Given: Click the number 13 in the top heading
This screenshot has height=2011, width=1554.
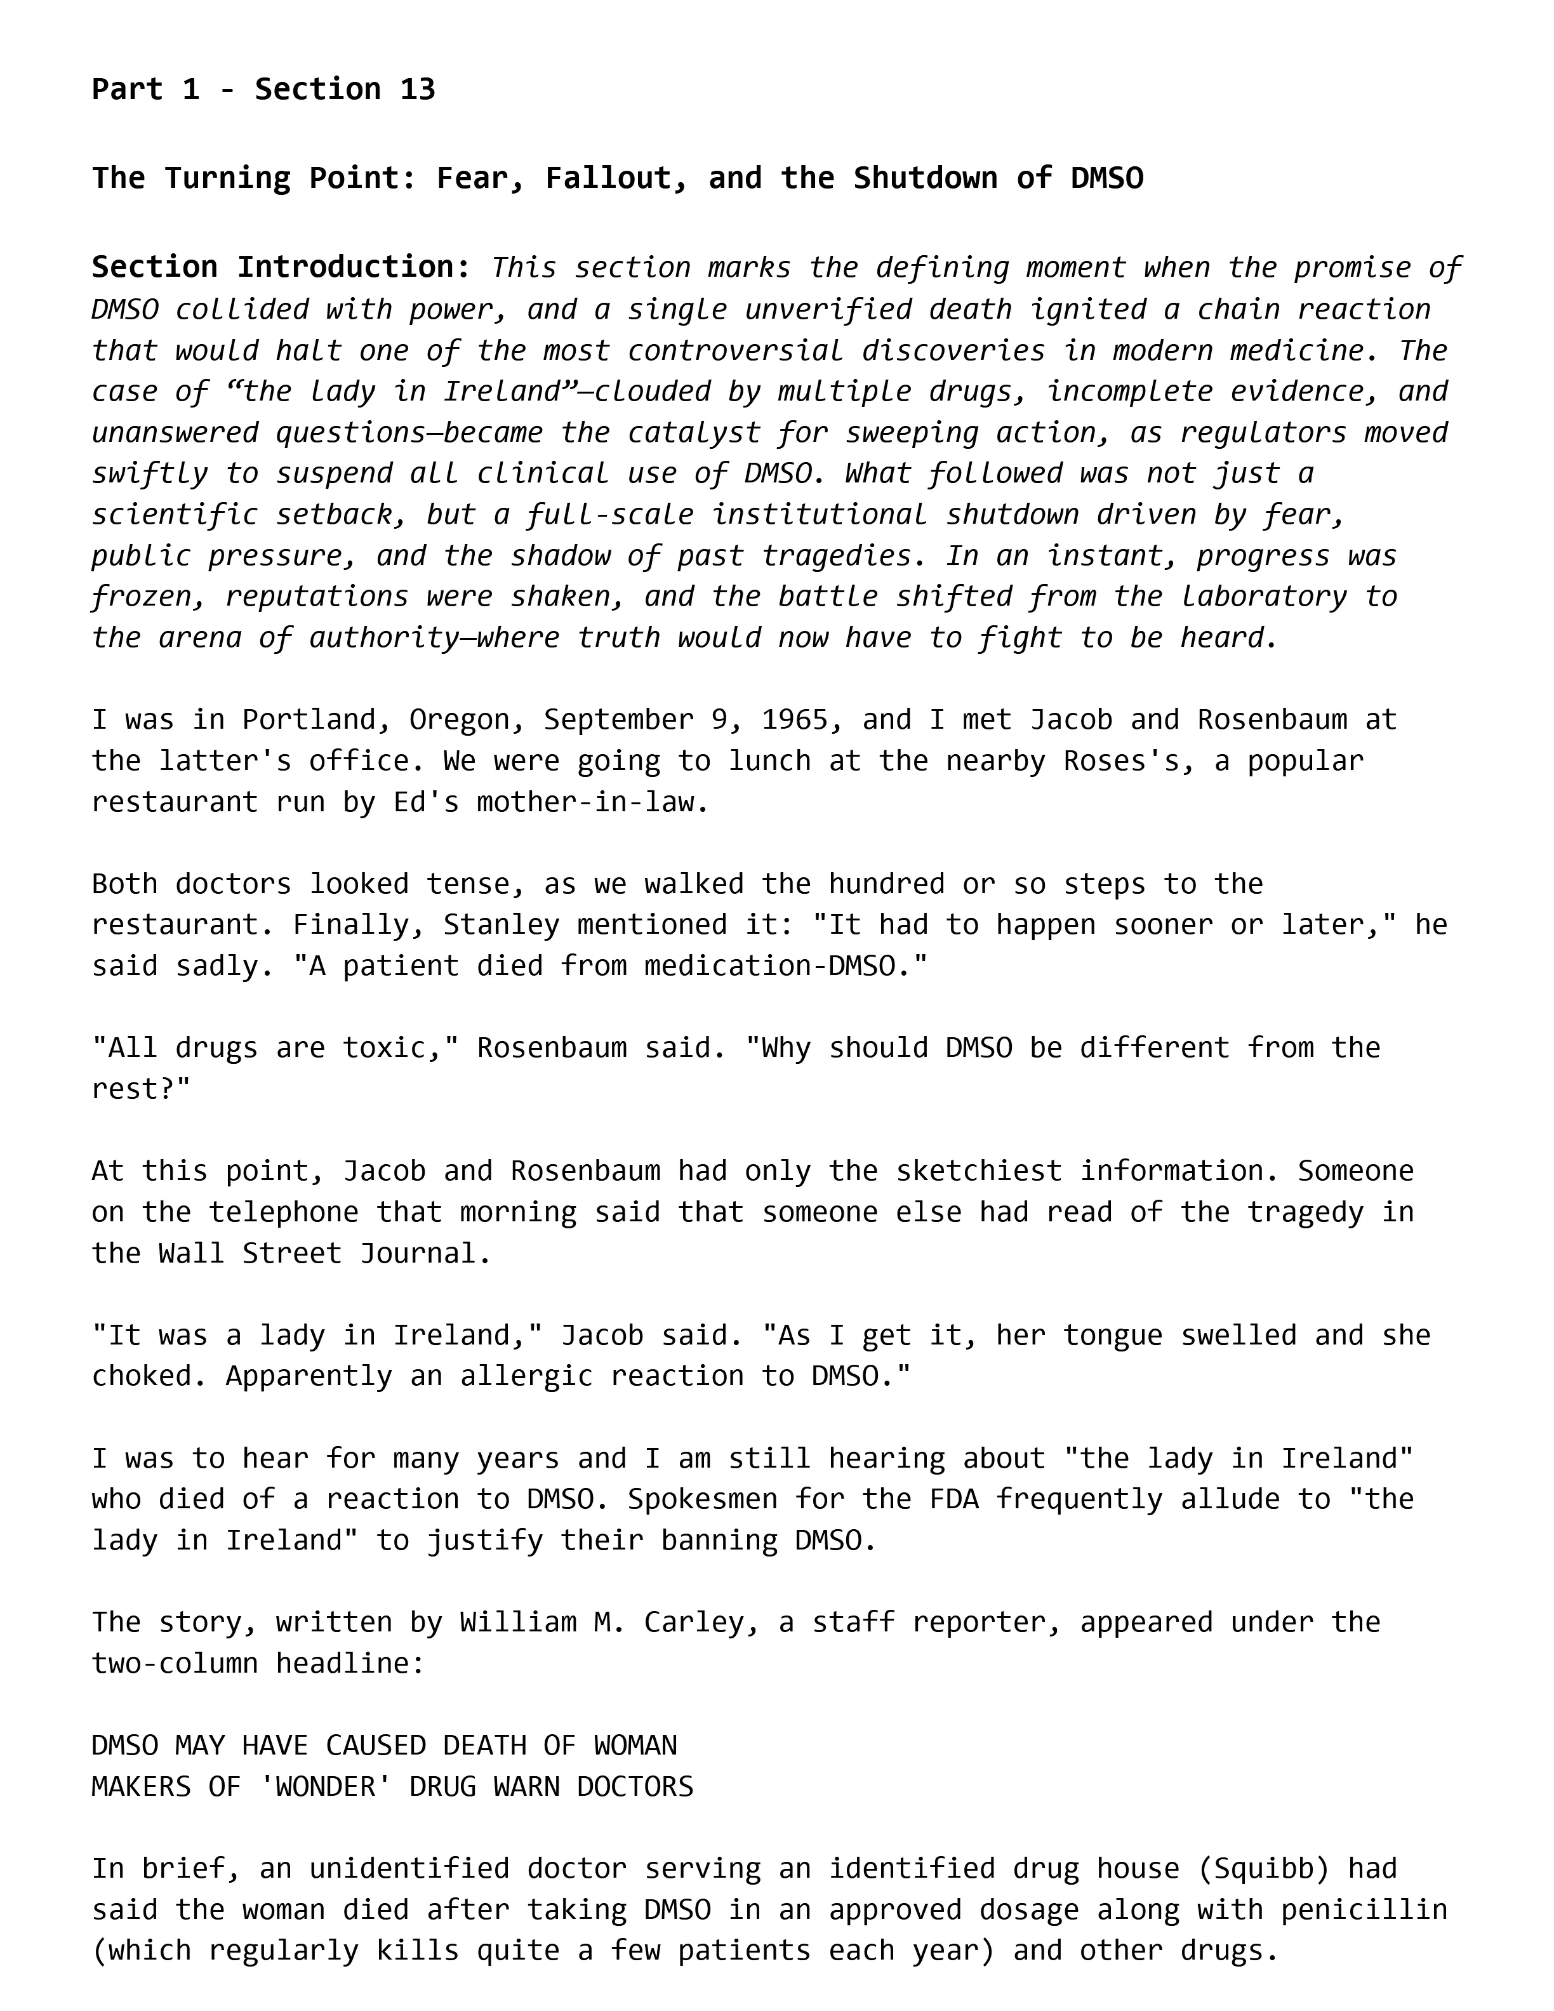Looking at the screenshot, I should (x=417, y=90).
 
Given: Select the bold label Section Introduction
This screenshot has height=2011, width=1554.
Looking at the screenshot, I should (x=281, y=267).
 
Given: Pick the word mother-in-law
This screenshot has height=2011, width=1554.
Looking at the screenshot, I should (x=593, y=802).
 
